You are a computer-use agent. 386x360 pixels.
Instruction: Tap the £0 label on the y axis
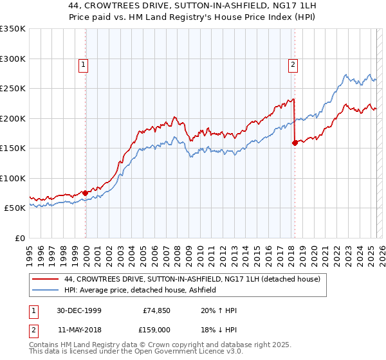[19, 238]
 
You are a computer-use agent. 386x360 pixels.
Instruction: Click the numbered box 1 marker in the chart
[84, 64]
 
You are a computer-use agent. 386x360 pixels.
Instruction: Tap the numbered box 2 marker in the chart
[293, 64]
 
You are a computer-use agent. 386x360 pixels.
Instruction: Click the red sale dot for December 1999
[86, 193]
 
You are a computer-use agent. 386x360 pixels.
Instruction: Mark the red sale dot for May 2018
[295, 143]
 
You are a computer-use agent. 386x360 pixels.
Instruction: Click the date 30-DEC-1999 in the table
[79, 311]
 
